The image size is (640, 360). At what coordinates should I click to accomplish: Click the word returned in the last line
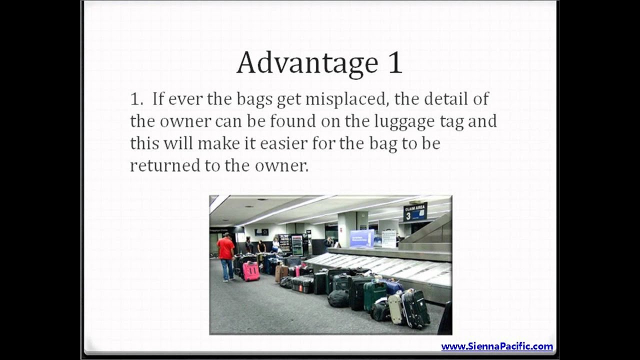click(165, 165)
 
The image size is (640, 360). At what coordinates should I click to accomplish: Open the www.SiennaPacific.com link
click(496, 346)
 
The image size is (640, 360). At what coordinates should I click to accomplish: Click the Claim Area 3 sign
click(415, 212)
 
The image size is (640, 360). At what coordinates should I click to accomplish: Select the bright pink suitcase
click(251, 271)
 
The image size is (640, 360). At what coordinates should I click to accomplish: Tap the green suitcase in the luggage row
click(374, 295)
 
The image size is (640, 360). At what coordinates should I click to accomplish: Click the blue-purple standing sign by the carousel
click(362, 238)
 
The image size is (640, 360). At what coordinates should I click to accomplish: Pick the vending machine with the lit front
click(297, 245)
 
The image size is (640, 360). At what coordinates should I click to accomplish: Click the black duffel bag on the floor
click(338, 298)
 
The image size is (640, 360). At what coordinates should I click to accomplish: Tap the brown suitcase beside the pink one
click(281, 272)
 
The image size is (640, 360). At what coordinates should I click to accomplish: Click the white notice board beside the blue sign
click(388, 238)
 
